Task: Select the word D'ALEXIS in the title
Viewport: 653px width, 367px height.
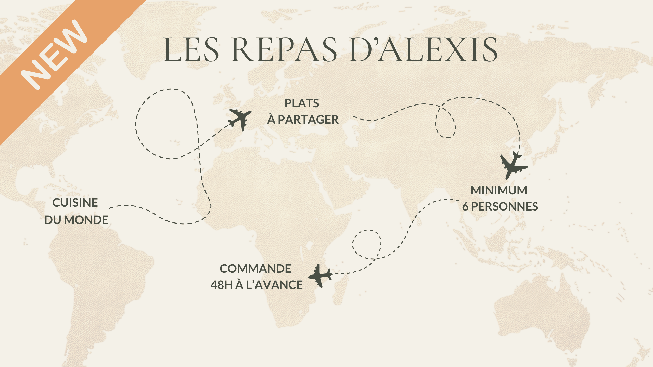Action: (x=423, y=49)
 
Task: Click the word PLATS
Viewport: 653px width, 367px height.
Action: (x=302, y=103)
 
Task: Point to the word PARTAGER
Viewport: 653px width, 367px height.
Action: (x=308, y=120)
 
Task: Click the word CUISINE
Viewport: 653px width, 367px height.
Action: (x=75, y=203)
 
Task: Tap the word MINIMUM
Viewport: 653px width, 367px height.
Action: (x=499, y=190)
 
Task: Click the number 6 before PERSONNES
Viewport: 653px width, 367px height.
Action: (x=465, y=207)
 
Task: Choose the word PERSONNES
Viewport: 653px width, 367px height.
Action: (x=505, y=207)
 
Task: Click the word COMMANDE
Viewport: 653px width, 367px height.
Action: (x=255, y=269)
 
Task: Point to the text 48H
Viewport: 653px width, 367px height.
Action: (x=221, y=285)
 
